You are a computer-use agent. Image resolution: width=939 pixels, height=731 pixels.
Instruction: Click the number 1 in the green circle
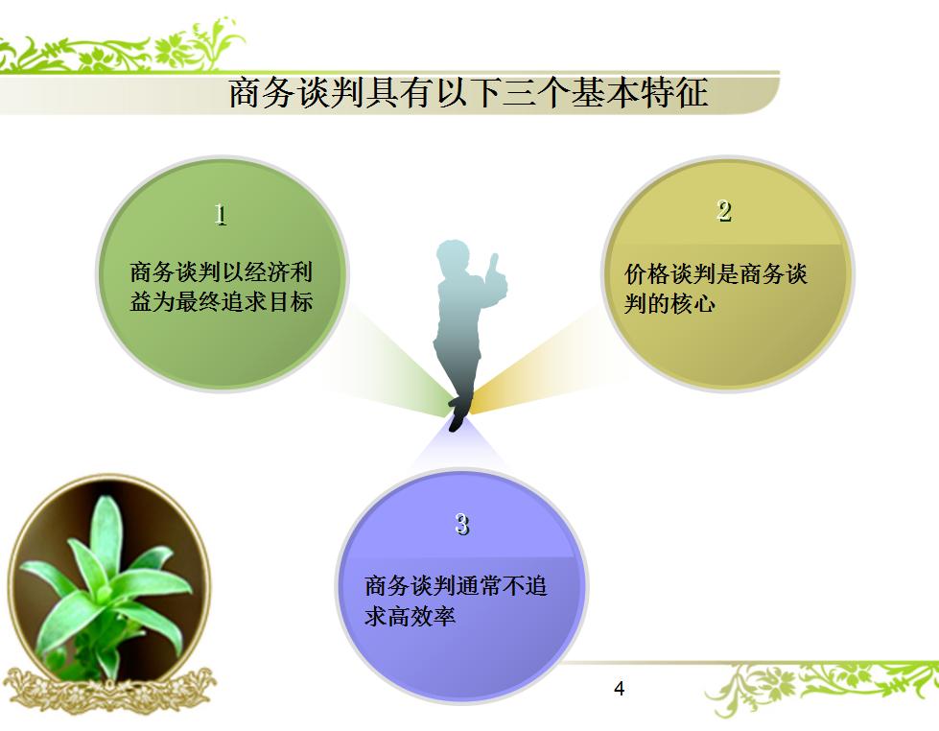(x=221, y=214)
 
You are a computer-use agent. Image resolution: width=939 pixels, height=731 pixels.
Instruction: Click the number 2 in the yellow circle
(x=724, y=211)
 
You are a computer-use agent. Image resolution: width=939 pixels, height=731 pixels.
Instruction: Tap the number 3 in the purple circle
(x=462, y=524)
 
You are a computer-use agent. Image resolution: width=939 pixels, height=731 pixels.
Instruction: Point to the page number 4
(x=619, y=689)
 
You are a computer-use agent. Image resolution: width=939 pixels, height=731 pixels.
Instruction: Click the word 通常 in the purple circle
(x=478, y=586)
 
